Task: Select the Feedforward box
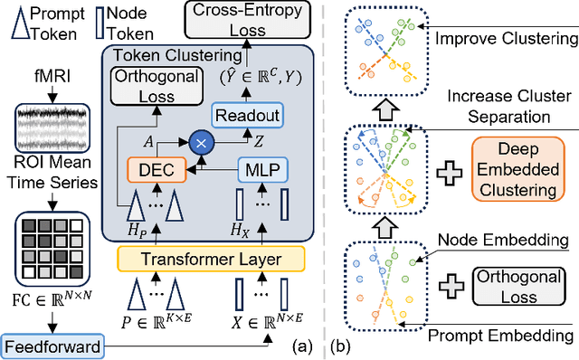coord(52,346)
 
